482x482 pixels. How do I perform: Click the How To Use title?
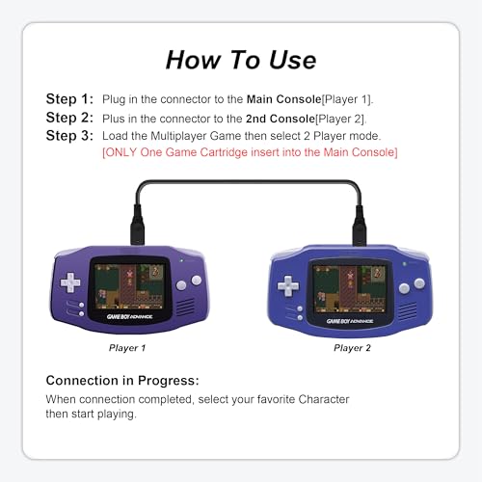coord(241,60)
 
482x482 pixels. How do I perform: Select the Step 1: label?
coord(70,99)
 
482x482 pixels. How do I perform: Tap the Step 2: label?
coord(70,118)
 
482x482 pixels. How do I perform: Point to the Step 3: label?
coord(70,136)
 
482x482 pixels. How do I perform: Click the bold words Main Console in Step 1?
coord(286,99)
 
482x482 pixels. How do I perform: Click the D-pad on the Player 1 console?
coord(70,283)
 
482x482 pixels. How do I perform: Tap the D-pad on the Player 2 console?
coord(288,285)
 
